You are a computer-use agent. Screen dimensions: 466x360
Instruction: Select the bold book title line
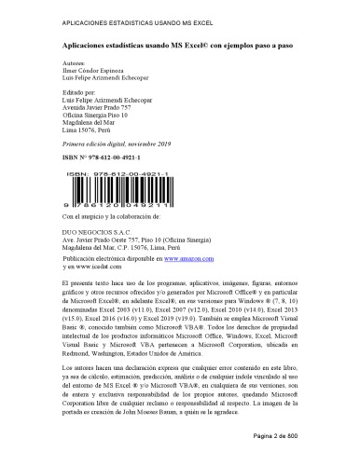179,44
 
